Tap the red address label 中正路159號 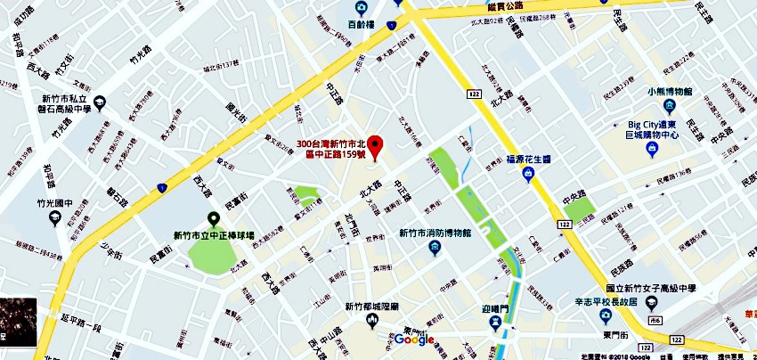tap(330, 149)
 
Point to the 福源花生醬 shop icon tap(528, 175)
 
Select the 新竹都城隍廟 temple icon tap(374, 321)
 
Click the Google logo tap(413, 340)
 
